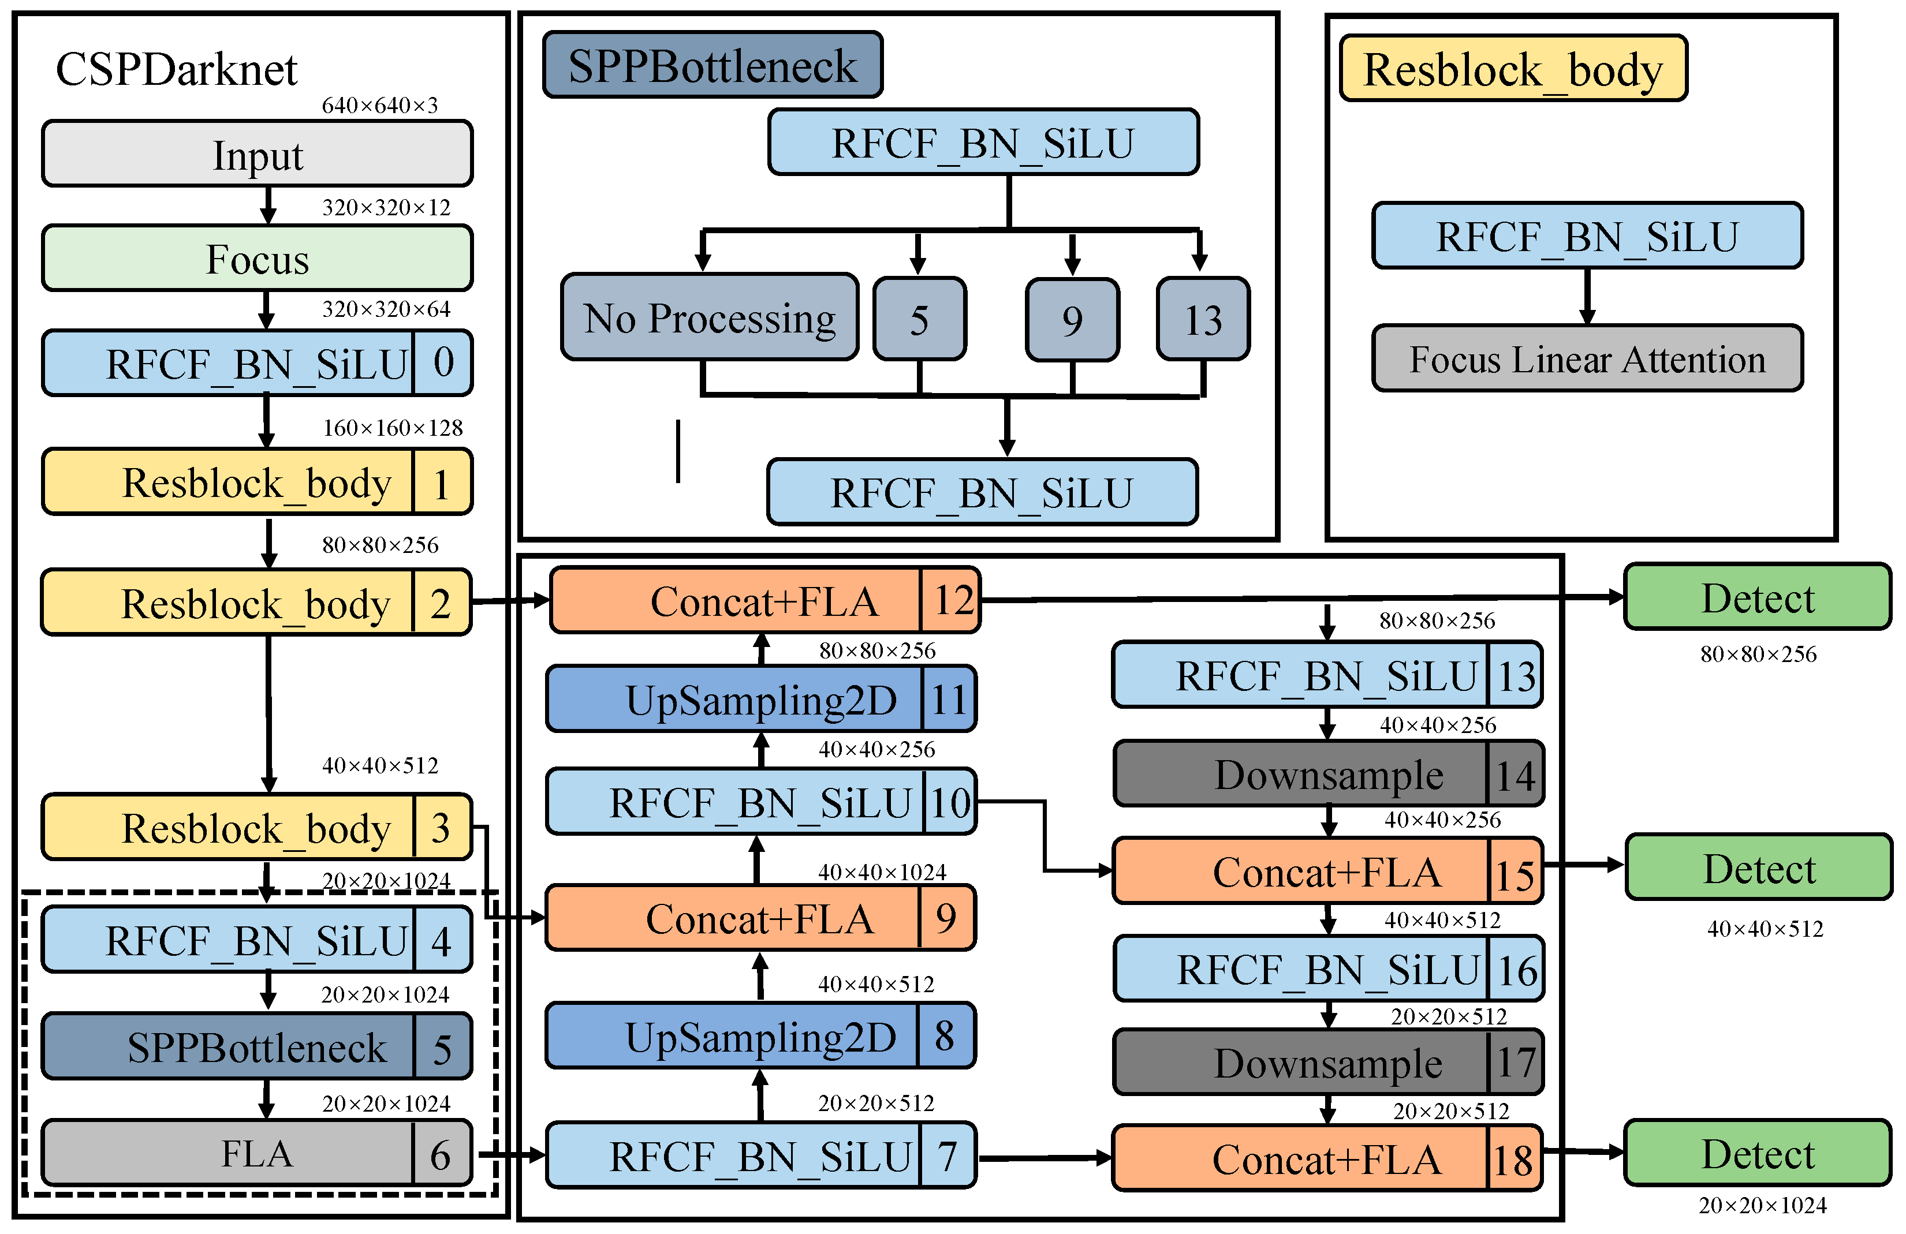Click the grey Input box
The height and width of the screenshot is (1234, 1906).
(256, 154)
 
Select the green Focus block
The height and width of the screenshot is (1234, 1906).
(256, 259)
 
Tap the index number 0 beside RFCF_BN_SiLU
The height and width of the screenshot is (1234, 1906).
(443, 362)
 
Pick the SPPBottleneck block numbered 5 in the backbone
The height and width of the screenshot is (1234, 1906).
(256, 1046)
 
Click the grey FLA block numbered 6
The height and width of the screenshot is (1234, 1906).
(256, 1154)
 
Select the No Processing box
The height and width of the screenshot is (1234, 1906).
(708, 318)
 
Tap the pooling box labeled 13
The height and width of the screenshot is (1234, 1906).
(1202, 320)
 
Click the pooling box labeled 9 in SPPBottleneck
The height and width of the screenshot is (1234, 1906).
(1072, 320)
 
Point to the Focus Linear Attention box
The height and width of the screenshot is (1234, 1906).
(1587, 359)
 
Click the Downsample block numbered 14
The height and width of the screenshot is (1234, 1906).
(1328, 775)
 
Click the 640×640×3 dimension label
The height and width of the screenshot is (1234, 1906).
(379, 106)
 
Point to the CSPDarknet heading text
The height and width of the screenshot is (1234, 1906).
(176, 70)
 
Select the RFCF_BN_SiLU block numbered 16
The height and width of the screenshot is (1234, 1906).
(1328, 969)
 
